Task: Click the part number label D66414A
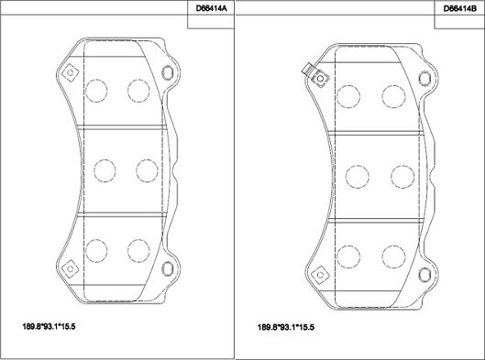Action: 211,8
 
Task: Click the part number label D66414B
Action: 460,8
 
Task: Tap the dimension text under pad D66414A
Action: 49,326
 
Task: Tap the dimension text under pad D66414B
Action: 286,327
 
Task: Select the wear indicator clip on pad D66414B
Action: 308,69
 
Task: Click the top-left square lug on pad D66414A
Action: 71,73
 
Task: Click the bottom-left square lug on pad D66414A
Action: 71,268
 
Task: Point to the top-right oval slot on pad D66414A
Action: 168,72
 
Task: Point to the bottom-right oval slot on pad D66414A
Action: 168,268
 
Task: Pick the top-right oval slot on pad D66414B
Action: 424,78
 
